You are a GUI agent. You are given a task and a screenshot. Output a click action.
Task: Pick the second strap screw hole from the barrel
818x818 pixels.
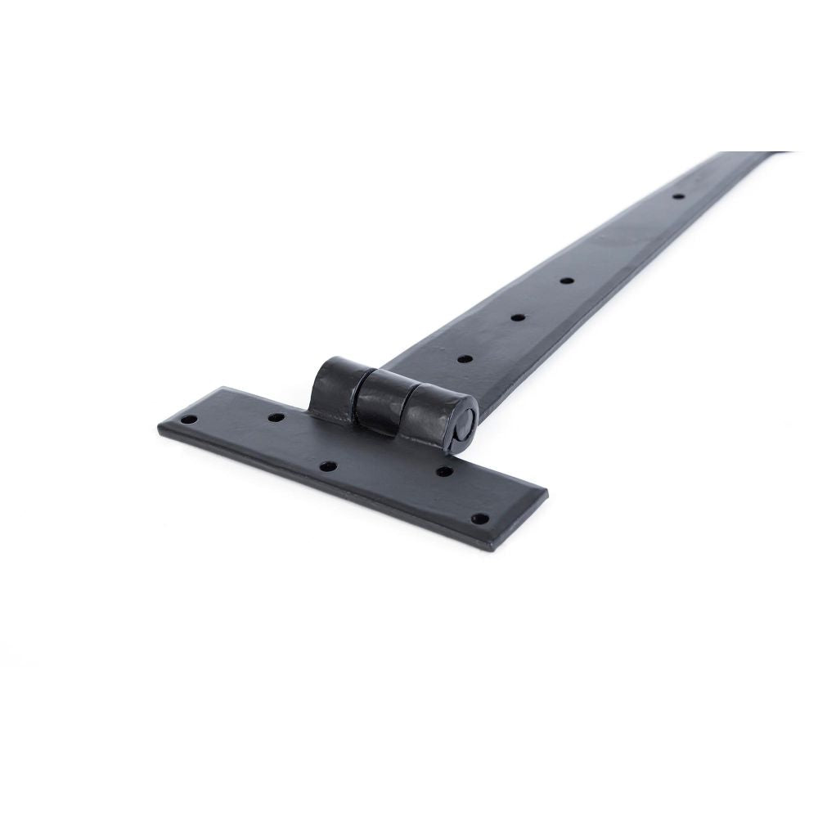(x=517, y=317)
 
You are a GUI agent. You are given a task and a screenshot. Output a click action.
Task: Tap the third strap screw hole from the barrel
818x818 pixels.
(x=566, y=281)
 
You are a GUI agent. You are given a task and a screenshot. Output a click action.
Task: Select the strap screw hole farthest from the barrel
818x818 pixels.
(x=677, y=196)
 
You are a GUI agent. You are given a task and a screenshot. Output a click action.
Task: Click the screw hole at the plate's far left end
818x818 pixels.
(x=190, y=419)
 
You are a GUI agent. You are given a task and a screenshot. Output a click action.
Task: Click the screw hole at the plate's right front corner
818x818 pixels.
(x=480, y=518)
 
